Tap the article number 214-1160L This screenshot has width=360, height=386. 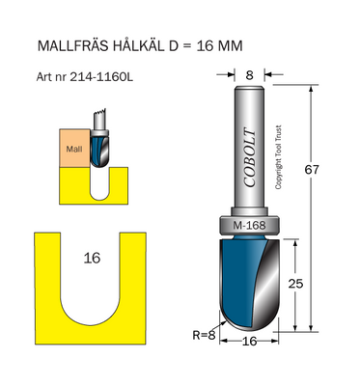(100, 76)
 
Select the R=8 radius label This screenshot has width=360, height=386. (204, 335)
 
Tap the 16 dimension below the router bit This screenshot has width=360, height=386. (250, 341)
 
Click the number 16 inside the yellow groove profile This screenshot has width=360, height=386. (92, 258)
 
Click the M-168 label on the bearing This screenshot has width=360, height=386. (250, 227)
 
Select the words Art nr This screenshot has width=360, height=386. (51, 76)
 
